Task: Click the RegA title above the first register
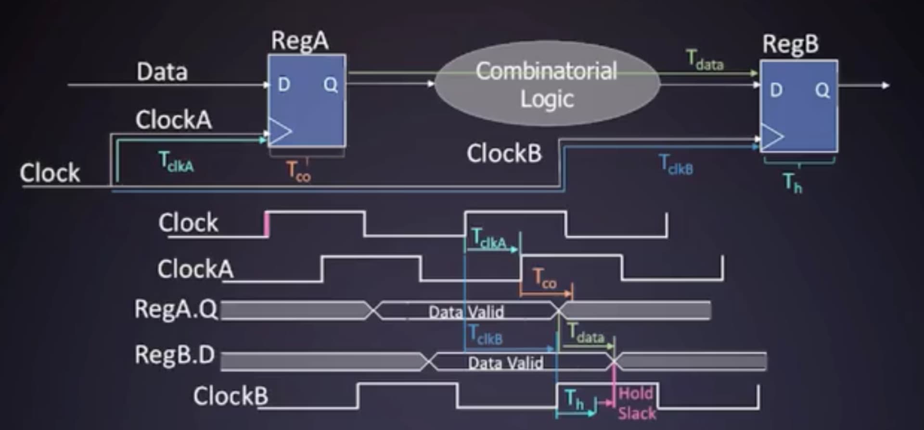pyautogui.click(x=300, y=40)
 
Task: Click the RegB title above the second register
pyautogui.click(x=790, y=44)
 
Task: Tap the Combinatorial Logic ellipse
pyautogui.click(x=547, y=85)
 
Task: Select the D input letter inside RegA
pyautogui.click(x=284, y=85)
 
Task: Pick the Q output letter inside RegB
pyautogui.click(x=822, y=90)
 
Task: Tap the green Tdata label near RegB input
pyautogui.click(x=705, y=61)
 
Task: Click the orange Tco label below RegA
pyautogui.click(x=298, y=172)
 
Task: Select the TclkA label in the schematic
pyautogui.click(x=176, y=162)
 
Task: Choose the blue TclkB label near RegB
pyautogui.click(x=676, y=164)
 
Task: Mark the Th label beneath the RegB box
pyautogui.click(x=793, y=183)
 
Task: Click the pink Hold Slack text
pyautogui.click(x=636, y=403)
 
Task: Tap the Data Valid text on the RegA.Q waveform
pyautogui.click(x=466, y=312)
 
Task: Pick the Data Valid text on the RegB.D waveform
pyautogui.click(x=505, y=363)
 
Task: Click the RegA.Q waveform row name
pyautogui.click(x=176, y=309)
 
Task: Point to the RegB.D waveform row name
pyautogui.click(x=175, y=355)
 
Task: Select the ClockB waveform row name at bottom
pyautogui.click(x=231, y=396)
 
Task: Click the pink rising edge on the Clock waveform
pyautogui.click(x=267, y=225)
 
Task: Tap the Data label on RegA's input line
pyautogui.click(x=162, y=72)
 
